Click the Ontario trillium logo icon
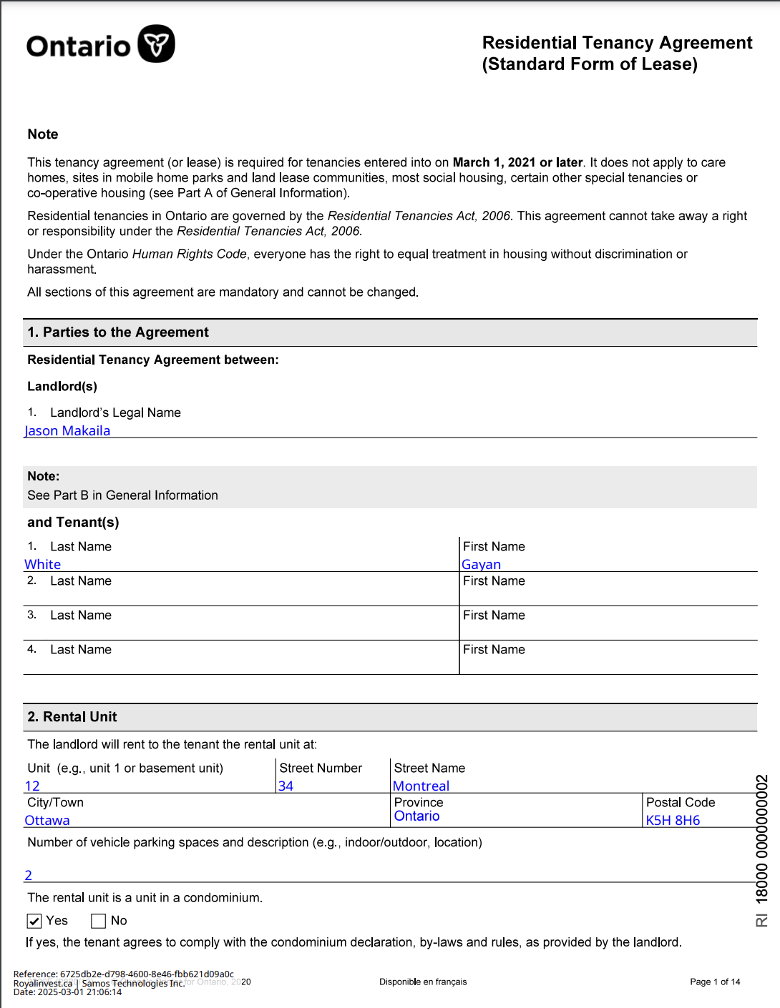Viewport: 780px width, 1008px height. (156, 44)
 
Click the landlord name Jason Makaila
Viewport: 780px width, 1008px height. (67, 430)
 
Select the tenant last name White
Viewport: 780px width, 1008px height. (43, 564)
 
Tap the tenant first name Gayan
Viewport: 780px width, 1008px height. (481, 564)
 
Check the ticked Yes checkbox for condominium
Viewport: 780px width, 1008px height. (34, 921)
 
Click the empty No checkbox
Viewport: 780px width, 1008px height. (99, 921)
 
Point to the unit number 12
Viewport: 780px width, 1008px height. (32, 786)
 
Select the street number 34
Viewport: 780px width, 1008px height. (286, 786)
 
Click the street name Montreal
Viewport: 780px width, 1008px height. (421, 786)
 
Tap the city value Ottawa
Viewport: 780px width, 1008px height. (47, 820)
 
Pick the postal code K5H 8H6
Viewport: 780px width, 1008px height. (673, 820)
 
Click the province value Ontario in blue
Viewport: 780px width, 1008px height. (416, 816)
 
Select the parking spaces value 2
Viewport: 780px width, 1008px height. (29, 875)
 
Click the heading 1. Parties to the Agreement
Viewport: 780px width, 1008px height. (118, 332)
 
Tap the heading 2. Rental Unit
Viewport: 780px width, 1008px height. (72, 717)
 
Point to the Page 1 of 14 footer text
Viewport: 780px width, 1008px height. (715, 982)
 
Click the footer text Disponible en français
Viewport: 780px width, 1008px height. (423, 982)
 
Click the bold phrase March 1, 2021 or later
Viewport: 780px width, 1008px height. (517, 162)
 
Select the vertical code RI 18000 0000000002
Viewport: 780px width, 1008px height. (761, 851)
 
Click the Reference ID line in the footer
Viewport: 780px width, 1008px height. (123, 974)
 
